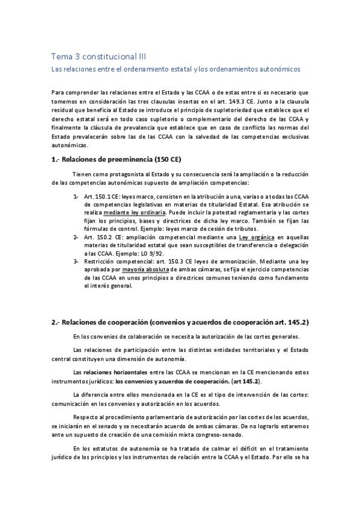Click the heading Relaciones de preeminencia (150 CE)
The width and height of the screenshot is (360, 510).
(117, 159)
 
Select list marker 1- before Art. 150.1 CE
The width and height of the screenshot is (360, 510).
(76, 197)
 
